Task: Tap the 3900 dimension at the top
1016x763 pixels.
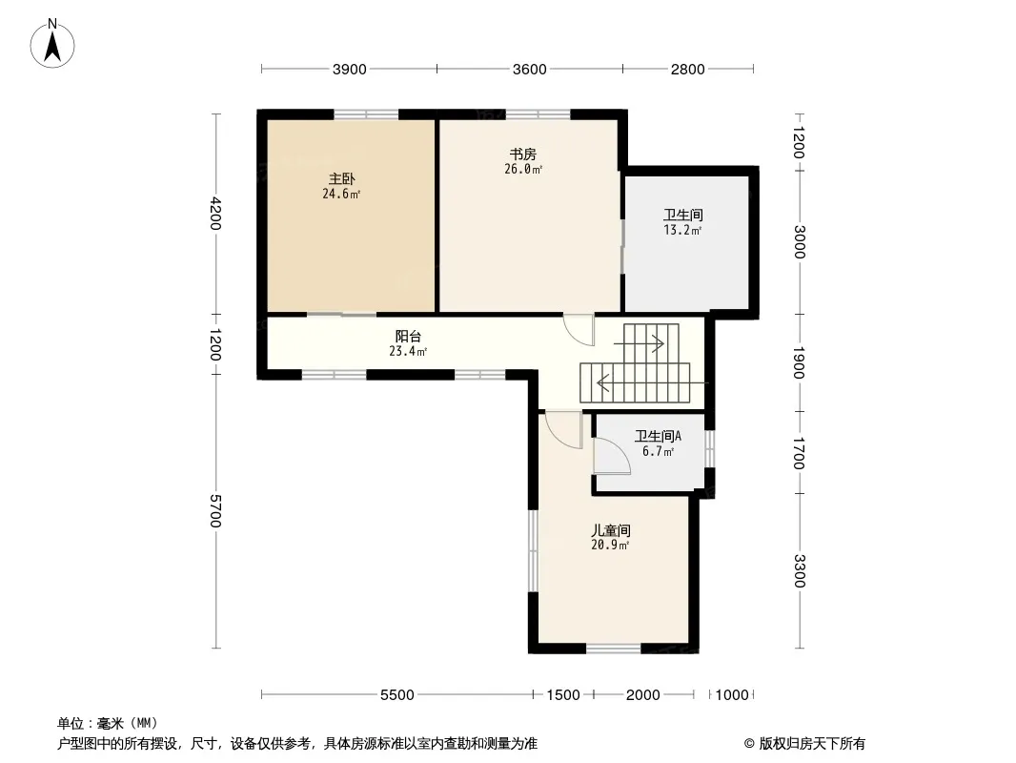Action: (349, 70)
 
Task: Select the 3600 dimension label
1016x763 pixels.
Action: (529, 70)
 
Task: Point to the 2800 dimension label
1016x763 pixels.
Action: (687, 70)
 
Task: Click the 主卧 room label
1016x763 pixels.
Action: (341, 179)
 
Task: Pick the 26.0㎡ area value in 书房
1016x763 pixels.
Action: (523, 169)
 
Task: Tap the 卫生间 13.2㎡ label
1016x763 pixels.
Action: (683, 221)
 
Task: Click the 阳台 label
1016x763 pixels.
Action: (408, 337)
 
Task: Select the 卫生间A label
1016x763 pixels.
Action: (658, 436)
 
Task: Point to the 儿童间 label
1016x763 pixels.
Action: (610, 530)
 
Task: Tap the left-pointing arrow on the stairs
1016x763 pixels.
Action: (652, 383)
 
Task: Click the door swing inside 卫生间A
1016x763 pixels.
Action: (612, 456)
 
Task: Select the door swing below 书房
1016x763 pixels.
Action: (578, 330)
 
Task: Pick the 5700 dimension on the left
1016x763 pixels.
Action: (215, 511)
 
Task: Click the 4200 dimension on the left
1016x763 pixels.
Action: (215, 214)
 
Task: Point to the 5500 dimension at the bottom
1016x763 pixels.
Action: (397, 695)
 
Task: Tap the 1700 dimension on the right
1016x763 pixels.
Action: (799, 453)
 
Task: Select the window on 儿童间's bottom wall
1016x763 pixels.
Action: (614, 648)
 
